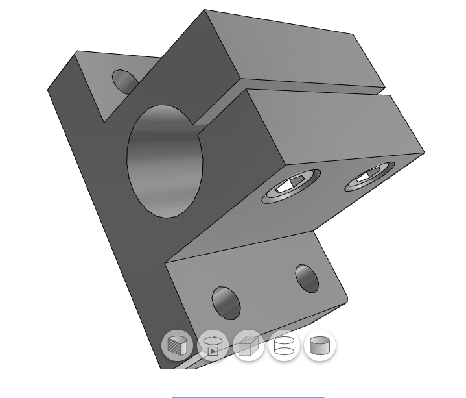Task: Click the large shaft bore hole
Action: [165, 160]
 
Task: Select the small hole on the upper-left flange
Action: [124, 82]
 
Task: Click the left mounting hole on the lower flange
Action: [226, 302]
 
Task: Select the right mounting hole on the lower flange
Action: [307, 278]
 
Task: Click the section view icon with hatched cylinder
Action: [177, 345]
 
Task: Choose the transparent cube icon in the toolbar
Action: [248, 345]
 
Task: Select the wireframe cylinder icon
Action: [284, 345]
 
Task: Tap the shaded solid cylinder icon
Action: [320, 345]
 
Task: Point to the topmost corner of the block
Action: [205, 10]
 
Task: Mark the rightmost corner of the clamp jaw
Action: [425, 153]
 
